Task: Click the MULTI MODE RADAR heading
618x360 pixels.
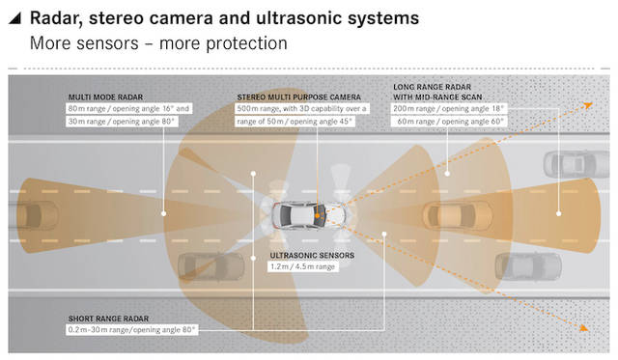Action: [x=105, y=97]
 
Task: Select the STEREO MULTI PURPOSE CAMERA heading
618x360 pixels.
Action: [x=298, y=97]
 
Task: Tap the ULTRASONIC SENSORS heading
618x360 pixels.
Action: [x=312, y=255]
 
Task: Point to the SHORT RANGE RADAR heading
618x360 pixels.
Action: [x=108, y=318]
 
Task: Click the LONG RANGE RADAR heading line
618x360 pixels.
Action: [x=432, y=87]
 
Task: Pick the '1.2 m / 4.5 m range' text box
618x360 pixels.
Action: [x=302, y=266]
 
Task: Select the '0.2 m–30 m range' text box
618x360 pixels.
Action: [x=131, y=330]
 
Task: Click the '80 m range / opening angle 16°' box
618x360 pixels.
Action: [x=128, y=108]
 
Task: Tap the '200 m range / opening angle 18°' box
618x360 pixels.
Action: [x=448, y=108]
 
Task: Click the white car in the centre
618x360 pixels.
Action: [x=309, y=215]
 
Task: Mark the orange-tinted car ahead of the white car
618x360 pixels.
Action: [x=457, y=215]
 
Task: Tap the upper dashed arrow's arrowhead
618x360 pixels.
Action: [x=588, y=105]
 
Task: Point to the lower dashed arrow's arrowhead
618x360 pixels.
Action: [x=584, y=328]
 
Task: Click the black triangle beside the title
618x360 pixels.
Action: [x=15, y=18]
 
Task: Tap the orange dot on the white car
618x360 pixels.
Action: [x=317, y=216]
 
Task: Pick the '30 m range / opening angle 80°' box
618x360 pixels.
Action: [x=122, y=122]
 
